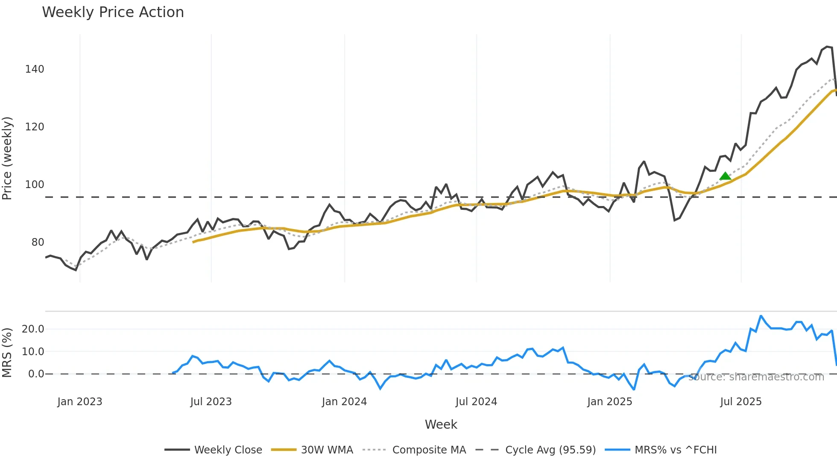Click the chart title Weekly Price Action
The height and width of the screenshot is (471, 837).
click(113, 12)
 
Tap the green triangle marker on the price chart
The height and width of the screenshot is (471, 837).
click(725, 176)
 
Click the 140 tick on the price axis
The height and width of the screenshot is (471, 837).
click(35, 69)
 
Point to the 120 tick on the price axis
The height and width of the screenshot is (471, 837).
click(35, 127)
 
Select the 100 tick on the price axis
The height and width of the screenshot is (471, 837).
click(35, 185)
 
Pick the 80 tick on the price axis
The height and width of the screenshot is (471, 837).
click(38, 242)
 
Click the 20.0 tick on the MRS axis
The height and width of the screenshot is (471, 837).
click(33, 329)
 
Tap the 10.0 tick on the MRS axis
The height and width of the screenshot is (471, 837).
click(33, 352)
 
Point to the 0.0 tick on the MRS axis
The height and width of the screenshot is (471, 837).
click(36, 374)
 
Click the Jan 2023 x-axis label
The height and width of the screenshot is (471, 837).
click(80, 402)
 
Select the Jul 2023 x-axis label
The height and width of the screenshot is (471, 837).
click(211, 402)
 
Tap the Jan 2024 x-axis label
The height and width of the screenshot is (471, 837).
click(344, 402)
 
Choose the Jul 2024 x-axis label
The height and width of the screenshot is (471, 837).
click(476, 402)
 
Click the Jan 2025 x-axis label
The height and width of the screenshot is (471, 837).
click(609, 402)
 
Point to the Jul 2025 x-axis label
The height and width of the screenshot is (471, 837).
click(741, 402)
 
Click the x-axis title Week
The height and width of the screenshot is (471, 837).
click(441, 424)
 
